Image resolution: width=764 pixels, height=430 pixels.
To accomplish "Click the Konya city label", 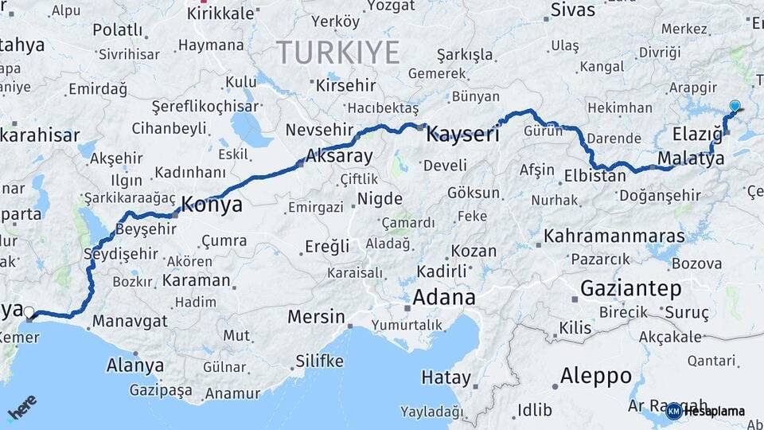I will (x=212, y=205).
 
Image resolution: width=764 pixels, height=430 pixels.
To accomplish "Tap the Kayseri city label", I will (x=462, y=135).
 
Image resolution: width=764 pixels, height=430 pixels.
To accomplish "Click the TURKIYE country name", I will (x=338, y=53).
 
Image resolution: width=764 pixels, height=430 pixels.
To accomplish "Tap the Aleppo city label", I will (x=595, y=375).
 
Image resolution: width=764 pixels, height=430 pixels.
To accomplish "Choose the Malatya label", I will (x=691, y=158).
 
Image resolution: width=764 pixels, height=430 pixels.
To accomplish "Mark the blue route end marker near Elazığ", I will (x=734, y=106).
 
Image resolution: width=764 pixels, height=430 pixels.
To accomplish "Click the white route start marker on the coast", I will (x=29, y=312).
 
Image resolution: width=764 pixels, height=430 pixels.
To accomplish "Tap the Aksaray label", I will (x=339, y=156).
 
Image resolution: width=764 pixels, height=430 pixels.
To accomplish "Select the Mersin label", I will (x=316, y=317).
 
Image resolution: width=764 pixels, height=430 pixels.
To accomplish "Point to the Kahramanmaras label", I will (x=614, y=236).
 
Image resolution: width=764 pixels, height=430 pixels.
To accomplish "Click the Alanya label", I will (x=135, y=365).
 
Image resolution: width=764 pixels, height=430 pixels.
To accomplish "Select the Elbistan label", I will (x=594, y=176).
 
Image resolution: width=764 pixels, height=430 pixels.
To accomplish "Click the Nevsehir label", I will (x=318, y=130).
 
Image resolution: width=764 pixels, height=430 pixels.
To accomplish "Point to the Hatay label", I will (x=446, y=376).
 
